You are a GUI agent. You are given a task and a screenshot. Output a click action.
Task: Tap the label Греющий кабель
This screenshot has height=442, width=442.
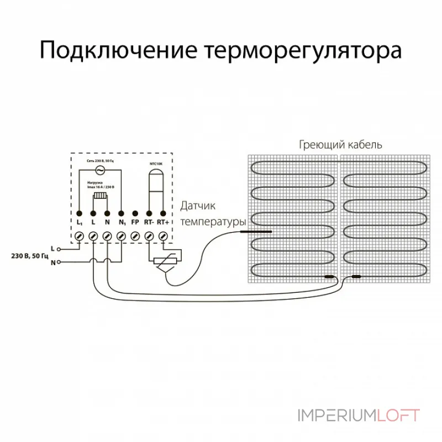(x=340, y=145)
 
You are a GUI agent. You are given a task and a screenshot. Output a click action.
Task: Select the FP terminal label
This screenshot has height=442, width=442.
(x=135, y=223)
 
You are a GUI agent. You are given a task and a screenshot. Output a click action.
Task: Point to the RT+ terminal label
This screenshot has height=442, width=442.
(x=163, y=223)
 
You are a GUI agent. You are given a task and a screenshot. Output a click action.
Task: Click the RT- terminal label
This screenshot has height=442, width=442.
(x=149, y=223)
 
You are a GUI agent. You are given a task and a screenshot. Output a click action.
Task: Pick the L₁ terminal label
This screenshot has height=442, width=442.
(x=80, y=223)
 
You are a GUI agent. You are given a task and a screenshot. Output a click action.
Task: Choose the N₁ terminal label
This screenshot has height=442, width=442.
(x=121, y=223)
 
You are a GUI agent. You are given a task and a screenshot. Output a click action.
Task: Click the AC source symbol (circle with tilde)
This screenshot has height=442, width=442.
(x=100, y=170)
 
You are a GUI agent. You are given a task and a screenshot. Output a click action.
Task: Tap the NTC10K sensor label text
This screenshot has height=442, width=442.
(x=156, y=164)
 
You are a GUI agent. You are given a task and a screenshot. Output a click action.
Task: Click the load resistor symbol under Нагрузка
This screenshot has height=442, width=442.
(x=100, y=196)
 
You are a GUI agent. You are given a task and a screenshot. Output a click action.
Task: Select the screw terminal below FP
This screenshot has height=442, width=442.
(x=135, y=236)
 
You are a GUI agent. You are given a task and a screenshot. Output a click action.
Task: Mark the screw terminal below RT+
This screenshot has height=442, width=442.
(x=163, y=236)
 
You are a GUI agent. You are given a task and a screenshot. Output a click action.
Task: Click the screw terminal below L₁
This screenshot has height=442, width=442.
(x=80, y=236)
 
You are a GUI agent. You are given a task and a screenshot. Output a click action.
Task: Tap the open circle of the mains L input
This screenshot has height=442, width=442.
(x=59, y=249)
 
